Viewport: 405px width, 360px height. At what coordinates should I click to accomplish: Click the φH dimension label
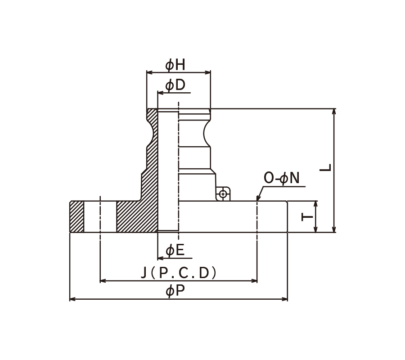click(x=175, y=65)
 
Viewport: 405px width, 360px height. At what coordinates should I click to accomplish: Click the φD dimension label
click(x=175, y=85)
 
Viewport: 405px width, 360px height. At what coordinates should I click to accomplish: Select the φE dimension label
click(x=175, y=250)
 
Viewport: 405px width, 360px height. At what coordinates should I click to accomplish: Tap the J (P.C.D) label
click(x=179, y=273)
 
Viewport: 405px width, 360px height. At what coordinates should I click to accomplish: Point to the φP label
click(x=175, y=291)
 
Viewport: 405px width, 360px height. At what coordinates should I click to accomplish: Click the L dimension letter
click(x=325, y=167)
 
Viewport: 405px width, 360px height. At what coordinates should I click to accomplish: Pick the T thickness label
click(x=307, y=217)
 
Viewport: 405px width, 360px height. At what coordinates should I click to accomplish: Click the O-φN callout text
click(x=282, y=178)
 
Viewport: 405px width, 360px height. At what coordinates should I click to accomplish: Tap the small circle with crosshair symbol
click(x=223, y=193)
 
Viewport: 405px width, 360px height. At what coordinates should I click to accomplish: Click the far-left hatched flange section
click(x=76, y=216)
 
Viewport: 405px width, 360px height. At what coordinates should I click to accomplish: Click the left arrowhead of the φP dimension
click(x=72, y=299)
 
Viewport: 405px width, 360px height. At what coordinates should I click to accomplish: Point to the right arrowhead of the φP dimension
click(x=285, y=299)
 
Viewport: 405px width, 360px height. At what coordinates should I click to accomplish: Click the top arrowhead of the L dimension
click(x=334, y=112)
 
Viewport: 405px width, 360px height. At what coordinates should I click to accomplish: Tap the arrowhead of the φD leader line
click(x=160, y=93)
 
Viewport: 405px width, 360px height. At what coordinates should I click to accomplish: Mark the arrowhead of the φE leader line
click(x=160, y=258)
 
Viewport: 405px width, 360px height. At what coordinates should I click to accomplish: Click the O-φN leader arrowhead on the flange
click(x=258, y=198)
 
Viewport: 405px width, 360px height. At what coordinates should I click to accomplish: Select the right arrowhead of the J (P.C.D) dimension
click(x=254, y=281)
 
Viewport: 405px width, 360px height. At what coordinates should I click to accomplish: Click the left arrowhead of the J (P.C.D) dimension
click(x=103, y=281)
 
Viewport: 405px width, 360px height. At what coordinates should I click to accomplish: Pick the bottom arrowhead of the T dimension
click(x=315, y=229)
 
